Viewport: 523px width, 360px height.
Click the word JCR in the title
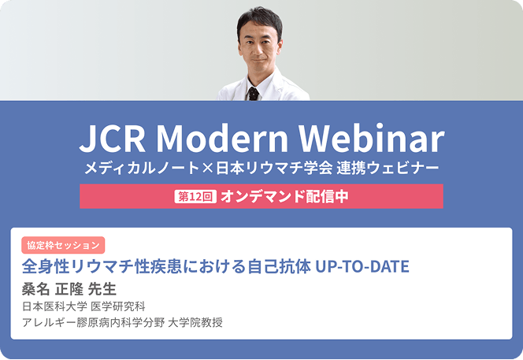113,139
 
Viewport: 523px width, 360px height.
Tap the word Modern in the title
222,138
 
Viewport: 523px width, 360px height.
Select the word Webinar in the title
372,138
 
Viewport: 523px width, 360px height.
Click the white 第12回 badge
195,196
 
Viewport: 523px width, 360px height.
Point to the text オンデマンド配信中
284,196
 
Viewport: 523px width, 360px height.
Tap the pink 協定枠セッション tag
63,245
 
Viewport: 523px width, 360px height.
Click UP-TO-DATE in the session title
362,266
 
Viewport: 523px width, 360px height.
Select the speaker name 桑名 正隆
52,289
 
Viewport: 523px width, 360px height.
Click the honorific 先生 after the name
102,289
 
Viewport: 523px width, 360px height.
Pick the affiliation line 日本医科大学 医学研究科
83,306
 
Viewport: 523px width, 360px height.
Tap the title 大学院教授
195,322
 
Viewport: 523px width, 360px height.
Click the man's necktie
253,94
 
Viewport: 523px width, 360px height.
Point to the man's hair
260,20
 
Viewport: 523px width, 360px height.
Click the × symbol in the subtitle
207,168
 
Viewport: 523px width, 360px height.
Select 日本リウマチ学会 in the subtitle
274,168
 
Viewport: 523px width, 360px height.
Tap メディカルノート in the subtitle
142,168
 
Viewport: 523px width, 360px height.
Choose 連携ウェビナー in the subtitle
388,168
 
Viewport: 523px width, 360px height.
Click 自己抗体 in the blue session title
280,266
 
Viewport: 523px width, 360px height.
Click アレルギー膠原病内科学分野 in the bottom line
94,322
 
